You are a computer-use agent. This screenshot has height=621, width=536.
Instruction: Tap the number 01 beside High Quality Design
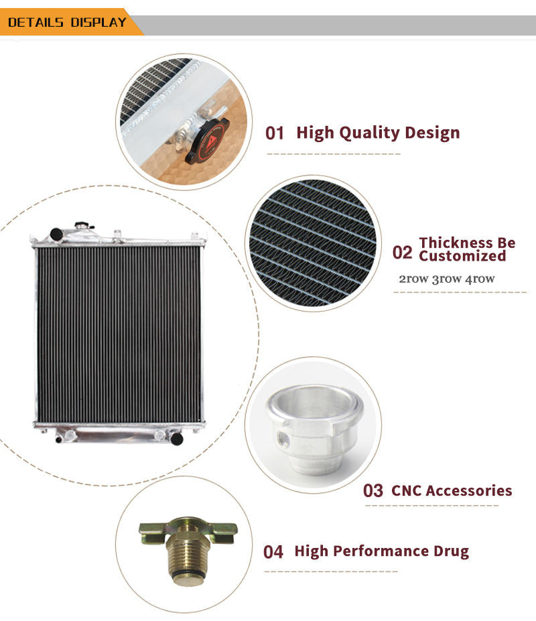(275, 133)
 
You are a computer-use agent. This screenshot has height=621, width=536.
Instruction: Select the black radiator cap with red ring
(207, 140)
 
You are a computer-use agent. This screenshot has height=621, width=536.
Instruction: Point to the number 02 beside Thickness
(402, 253)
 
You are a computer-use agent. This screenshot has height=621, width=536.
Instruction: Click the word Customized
(462, 256)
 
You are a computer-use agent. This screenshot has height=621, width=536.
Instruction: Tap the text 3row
(446, 279)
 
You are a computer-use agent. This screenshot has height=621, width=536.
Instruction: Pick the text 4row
(480, 279)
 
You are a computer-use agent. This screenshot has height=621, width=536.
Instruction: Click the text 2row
(413, 279)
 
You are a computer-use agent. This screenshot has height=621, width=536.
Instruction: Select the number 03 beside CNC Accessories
(373, 490)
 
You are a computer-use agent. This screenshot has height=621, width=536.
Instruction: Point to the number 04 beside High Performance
(273, 552)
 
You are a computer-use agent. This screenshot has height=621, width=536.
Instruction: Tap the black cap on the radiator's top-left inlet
(56, 234)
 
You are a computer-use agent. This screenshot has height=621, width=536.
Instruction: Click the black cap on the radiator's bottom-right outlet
(177, 438)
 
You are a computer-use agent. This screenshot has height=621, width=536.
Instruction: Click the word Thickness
(467, 243)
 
